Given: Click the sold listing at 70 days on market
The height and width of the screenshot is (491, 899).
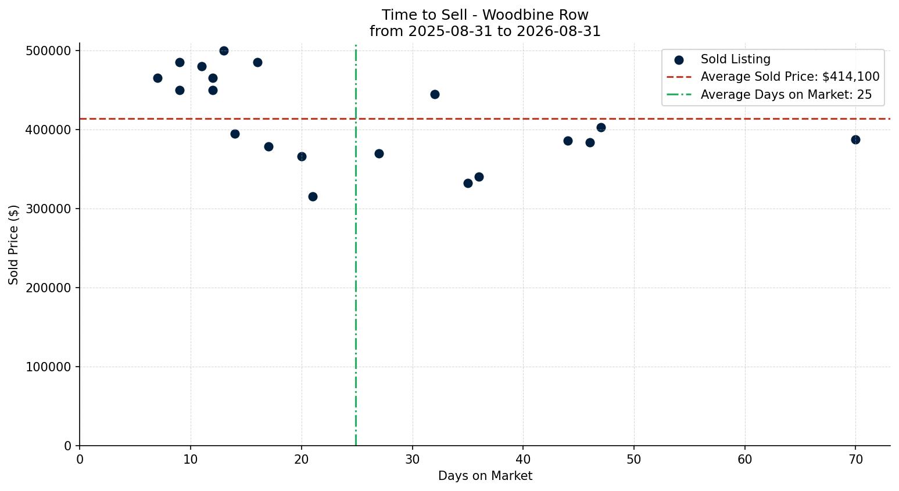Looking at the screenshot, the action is tap(855, 139).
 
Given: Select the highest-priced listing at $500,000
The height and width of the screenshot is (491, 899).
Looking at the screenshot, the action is tap(224, 51).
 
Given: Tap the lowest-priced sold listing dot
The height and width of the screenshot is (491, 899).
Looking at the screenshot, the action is tap(313, 196).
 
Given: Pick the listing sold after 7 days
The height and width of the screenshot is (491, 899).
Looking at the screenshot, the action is tap(157, 78).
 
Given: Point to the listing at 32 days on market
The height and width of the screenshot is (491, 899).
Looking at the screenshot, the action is tap(435, 95).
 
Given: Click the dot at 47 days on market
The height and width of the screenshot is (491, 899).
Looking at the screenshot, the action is tap(601, 128).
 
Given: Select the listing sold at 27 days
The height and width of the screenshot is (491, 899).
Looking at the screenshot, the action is tap(379, 153).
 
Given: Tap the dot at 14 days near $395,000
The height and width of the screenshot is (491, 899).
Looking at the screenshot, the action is tap(235, 134).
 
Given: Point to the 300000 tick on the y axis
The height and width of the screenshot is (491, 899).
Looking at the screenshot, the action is tap(48, 209).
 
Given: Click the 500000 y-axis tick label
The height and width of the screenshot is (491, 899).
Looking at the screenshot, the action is tap(48, 51).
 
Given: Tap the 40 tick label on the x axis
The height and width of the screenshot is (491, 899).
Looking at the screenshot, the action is tap(524, 460).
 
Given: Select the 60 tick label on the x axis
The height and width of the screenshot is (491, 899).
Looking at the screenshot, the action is tap(745, 460).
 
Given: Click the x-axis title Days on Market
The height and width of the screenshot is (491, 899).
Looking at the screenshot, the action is tap(485, 476).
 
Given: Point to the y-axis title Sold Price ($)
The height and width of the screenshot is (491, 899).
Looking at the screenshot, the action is tap(13, 245).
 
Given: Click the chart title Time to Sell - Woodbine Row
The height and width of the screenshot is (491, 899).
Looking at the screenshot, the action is tap(485, 15).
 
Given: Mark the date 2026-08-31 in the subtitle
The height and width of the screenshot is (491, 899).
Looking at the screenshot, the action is tap(558, 31).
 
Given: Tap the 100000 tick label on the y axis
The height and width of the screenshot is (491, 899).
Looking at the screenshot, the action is tap(48, 367).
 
